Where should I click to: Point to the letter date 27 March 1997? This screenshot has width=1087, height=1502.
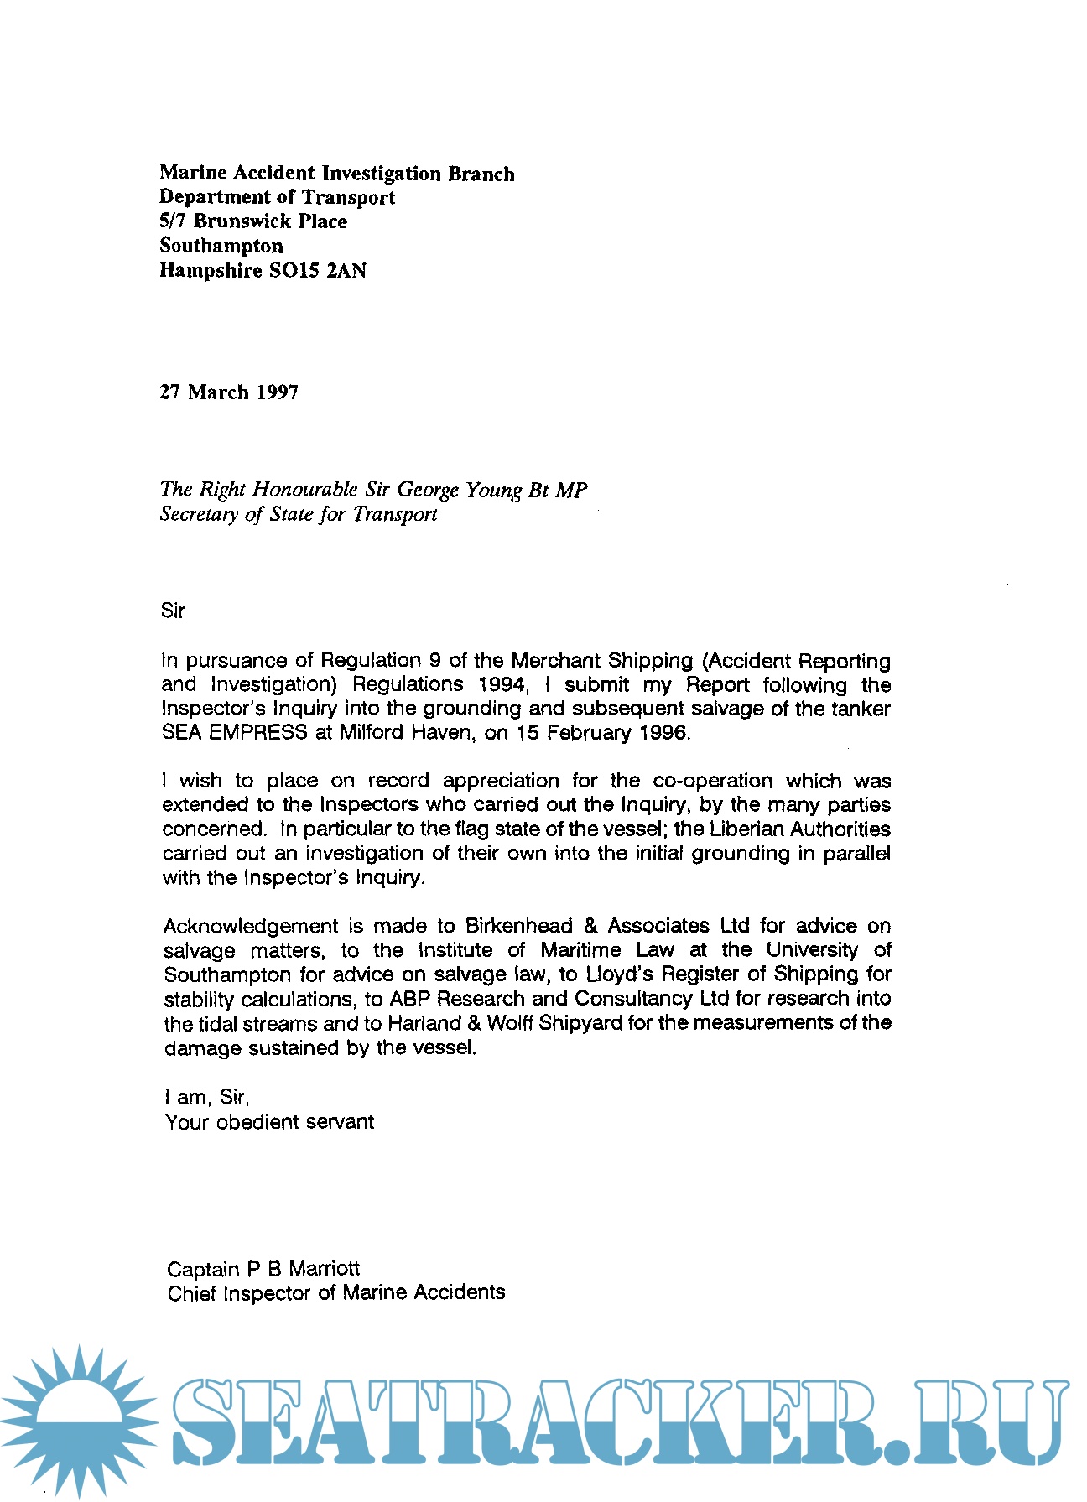229,392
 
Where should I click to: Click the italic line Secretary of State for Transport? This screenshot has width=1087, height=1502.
299,514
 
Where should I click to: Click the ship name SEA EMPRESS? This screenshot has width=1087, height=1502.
235,733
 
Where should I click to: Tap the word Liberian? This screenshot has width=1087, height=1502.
746,829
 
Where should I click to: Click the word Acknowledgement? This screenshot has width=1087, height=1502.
251,927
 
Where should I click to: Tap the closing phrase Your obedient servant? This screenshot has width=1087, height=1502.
269,1122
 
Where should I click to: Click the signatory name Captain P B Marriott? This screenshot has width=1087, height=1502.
263,1269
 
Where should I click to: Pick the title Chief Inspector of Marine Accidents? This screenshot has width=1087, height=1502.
336,1293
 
